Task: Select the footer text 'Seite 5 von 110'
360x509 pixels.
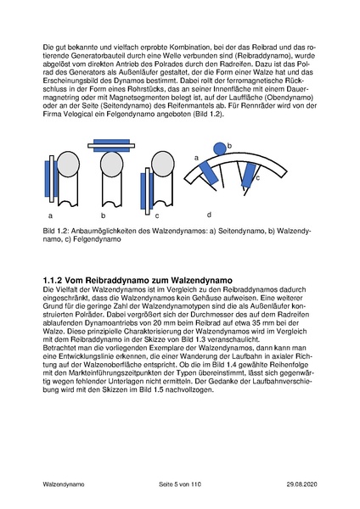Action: pos(181,483)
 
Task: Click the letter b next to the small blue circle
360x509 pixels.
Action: pos(229,146)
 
